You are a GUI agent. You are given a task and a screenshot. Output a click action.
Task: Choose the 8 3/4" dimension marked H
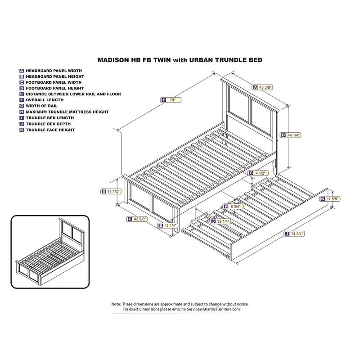point(234,207)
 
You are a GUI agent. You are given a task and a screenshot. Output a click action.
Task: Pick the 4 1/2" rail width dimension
point(261,173)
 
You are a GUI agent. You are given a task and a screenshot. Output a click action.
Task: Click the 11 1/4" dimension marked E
point(170,225)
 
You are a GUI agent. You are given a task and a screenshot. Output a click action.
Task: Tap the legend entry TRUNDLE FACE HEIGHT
point(50,130)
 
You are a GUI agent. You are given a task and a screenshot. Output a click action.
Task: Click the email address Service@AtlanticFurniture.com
point(209,310)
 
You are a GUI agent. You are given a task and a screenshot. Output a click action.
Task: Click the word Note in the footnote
point(116,304)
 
